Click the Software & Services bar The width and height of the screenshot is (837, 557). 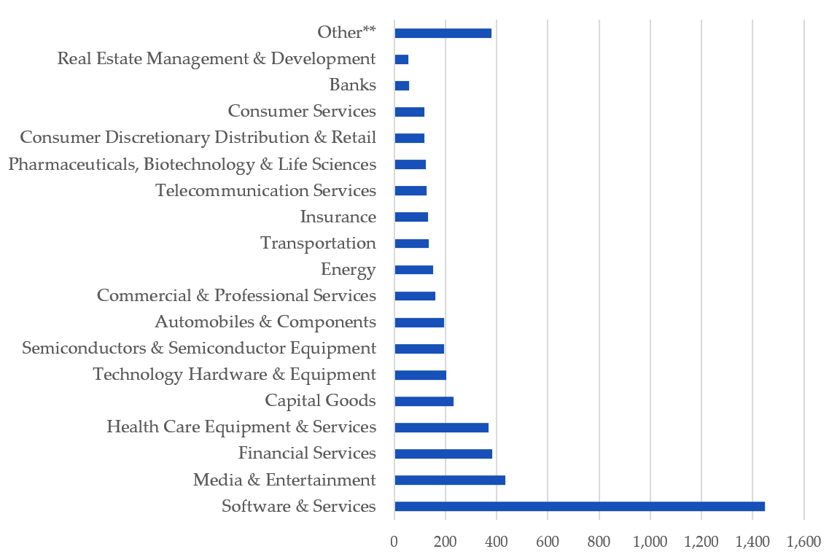click(580, 506)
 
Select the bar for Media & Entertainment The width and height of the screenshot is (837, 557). click(450, 480)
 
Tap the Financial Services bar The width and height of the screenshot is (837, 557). click(443, 453)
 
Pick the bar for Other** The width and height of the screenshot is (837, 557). click(443, 33)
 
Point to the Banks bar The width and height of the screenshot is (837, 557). click(402, 85)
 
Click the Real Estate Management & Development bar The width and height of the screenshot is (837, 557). click(401, 59)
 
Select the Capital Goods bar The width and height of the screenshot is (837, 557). click(424, 401)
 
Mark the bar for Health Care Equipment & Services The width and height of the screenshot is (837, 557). click(441, 427)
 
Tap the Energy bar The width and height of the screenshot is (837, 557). click(413, 270)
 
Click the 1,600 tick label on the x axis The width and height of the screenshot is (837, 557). click(803, 541)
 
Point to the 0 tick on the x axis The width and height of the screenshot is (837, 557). click(394, 541)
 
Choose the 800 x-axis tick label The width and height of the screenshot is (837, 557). click(599, 541)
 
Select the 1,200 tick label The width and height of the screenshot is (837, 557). click(701, 541)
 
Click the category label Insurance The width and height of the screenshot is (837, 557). click(338, 217)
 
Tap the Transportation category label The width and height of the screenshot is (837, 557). click(318, 243)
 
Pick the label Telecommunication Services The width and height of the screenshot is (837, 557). click(265, 190)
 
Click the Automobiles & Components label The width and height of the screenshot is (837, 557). click(265, 322)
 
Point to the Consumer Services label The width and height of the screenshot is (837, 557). click(302, 111)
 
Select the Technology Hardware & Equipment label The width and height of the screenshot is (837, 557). click(234, 374)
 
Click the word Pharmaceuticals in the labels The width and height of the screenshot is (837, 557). click(71, 164)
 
